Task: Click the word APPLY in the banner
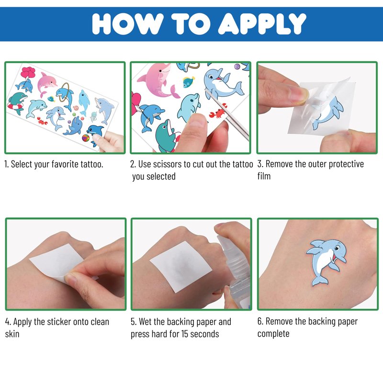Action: (x=262, y=23)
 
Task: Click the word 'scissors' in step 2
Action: (x=169, y=164)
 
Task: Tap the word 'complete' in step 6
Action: (x=273, y=334)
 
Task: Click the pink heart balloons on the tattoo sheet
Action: (x=28, y=72)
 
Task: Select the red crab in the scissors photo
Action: (x=217, y=113)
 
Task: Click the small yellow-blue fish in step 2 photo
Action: (x=189, y=81)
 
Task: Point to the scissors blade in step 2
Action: (x=227, y=114)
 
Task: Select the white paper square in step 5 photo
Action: (x=181, y=267)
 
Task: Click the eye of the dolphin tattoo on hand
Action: (x=337, y=248)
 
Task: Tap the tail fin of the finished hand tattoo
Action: (x=319, y=281)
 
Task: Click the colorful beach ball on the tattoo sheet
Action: (x=86, y=138)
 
